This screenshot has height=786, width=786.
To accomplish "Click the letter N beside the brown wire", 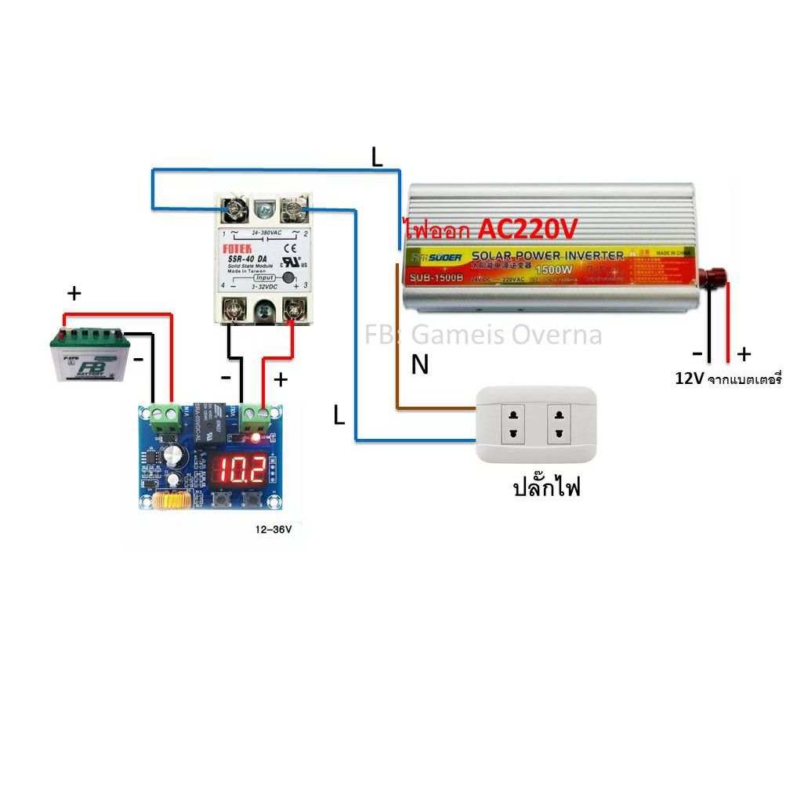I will [420, 364].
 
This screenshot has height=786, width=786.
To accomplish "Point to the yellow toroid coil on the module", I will [166, 502].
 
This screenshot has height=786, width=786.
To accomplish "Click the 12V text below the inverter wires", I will [689, 379].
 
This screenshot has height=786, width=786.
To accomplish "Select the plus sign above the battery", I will [74, 295].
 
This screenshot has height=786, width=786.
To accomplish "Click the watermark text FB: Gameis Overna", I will [484, 335].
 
